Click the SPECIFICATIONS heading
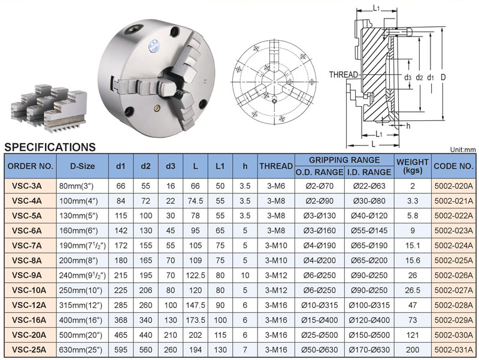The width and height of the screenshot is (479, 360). pyautogui.click(x=50, y=147)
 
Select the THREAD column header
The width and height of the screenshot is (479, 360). pyautogui.click(x=276, y=166)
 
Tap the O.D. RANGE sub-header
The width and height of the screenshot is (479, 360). pyautogui.click(x=319, y=172)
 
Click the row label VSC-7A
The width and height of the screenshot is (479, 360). pyautogui.click(x=27, y=246)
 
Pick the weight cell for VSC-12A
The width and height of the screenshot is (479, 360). pyautogui.click(x=413, y=305)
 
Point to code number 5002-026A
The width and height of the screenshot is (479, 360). pyautogui.click(x=454, y=276)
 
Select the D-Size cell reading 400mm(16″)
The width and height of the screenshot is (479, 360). pyautogui.click(x=81, y=320)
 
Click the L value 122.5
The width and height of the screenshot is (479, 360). pyautogui.click(x=195, y=276)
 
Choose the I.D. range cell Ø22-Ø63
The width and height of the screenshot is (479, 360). pyautogui.click(x=369, y=186)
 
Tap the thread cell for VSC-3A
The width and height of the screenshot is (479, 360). pyautogui.click(x=276, y=186)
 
